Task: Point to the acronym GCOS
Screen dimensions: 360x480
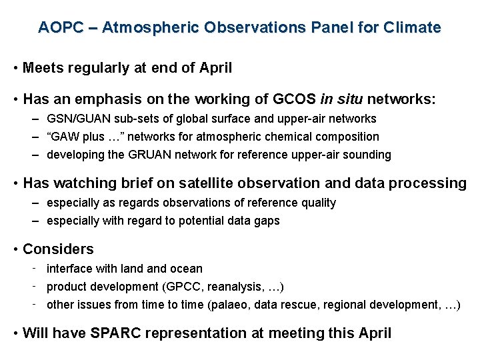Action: (x=295, y=99)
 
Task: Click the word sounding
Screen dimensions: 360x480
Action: (x=368, y=155)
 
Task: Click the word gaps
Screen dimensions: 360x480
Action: (x=267, y=221)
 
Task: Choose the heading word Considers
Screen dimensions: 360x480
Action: (x=58, y=249)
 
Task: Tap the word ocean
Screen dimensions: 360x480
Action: (x=187, y=269)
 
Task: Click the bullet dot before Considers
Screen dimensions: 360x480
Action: (x=15, y=250)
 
